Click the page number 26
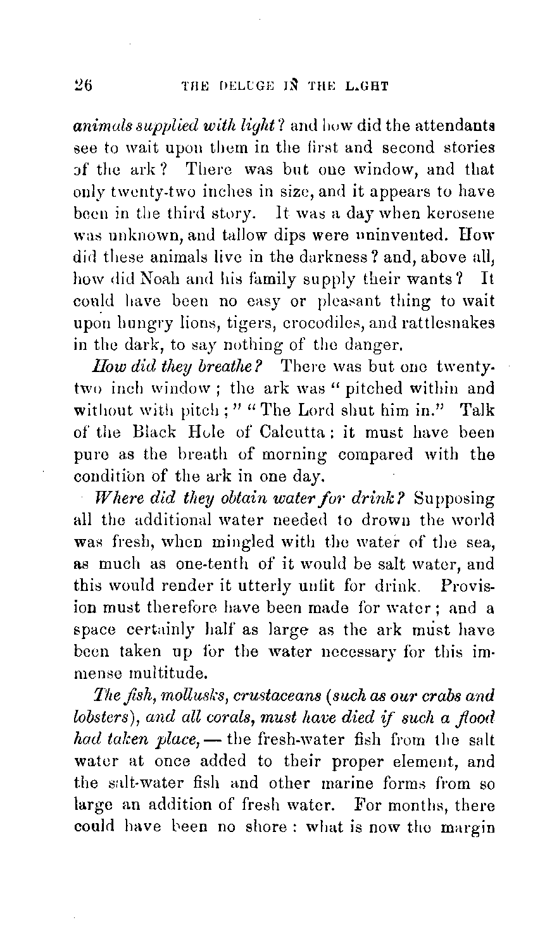84,85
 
